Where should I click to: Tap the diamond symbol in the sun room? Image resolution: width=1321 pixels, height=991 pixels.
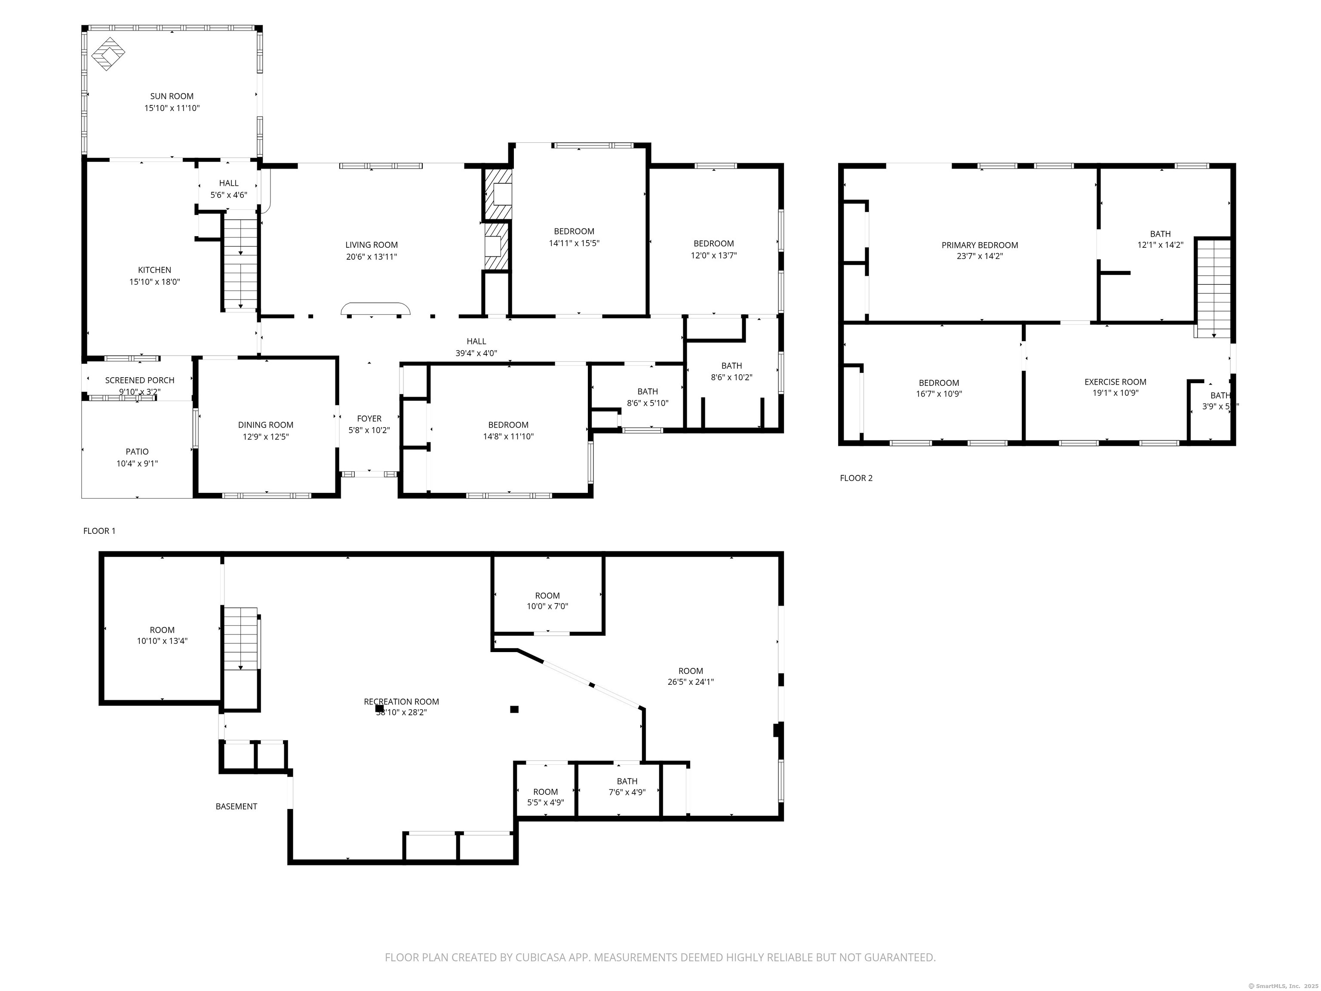(108, 54)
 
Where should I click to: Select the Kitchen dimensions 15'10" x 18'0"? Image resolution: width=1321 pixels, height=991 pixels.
(155, 282)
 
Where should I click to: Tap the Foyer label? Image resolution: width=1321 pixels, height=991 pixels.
(369, 419)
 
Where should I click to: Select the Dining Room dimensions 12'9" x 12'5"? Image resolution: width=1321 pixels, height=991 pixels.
(266, 437)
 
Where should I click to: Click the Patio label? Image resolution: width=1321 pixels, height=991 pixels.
(137, 452)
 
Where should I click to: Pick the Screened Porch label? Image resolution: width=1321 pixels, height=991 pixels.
(140, 380)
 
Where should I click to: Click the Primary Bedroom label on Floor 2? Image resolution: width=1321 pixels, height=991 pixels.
(980, 245)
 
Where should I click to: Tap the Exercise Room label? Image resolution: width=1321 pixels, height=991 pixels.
(1115, 382)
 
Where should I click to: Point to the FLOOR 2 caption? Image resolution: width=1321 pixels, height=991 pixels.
(856, 478)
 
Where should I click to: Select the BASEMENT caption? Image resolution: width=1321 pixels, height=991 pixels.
(236, 806)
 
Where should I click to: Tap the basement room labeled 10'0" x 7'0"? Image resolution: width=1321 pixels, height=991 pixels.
(547, 601)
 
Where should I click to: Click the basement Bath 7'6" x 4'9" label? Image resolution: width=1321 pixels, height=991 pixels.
(627, 782)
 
